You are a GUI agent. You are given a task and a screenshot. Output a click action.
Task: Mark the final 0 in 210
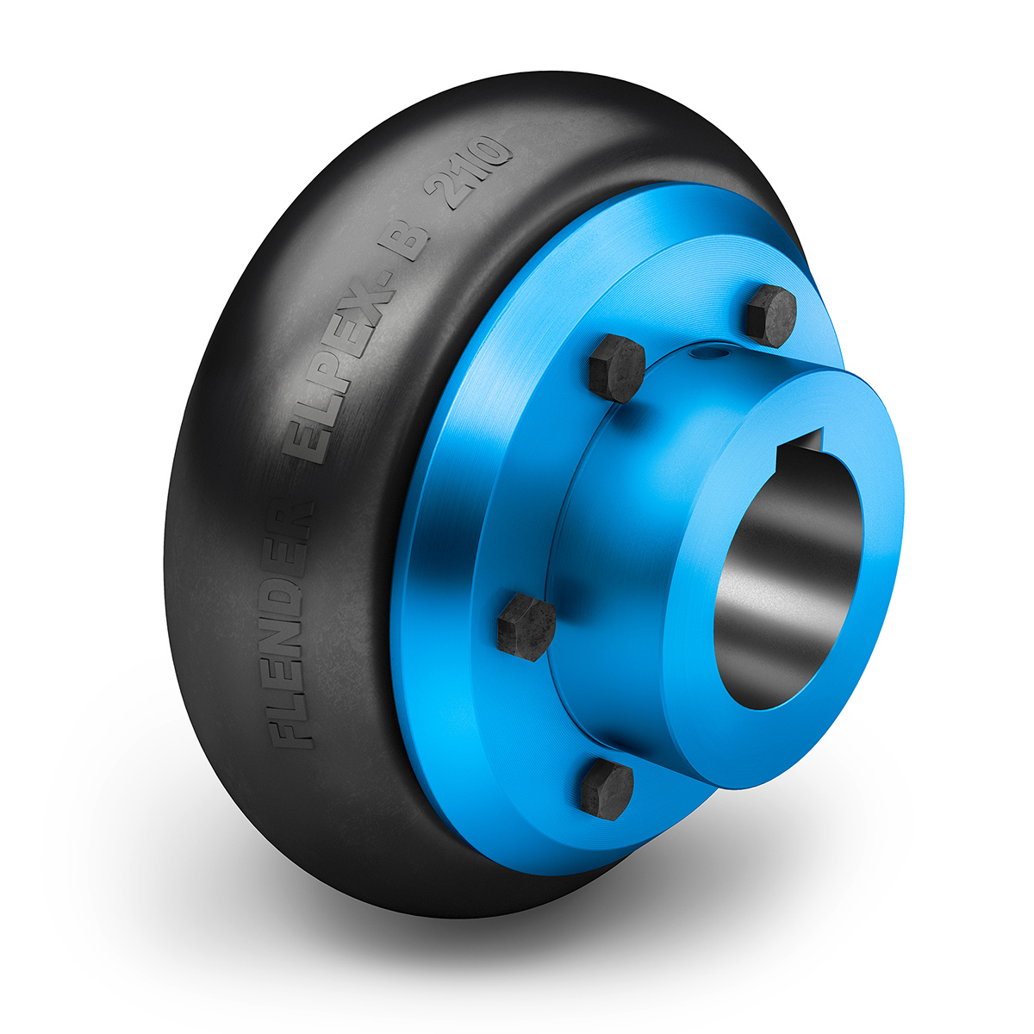pos(490,151)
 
